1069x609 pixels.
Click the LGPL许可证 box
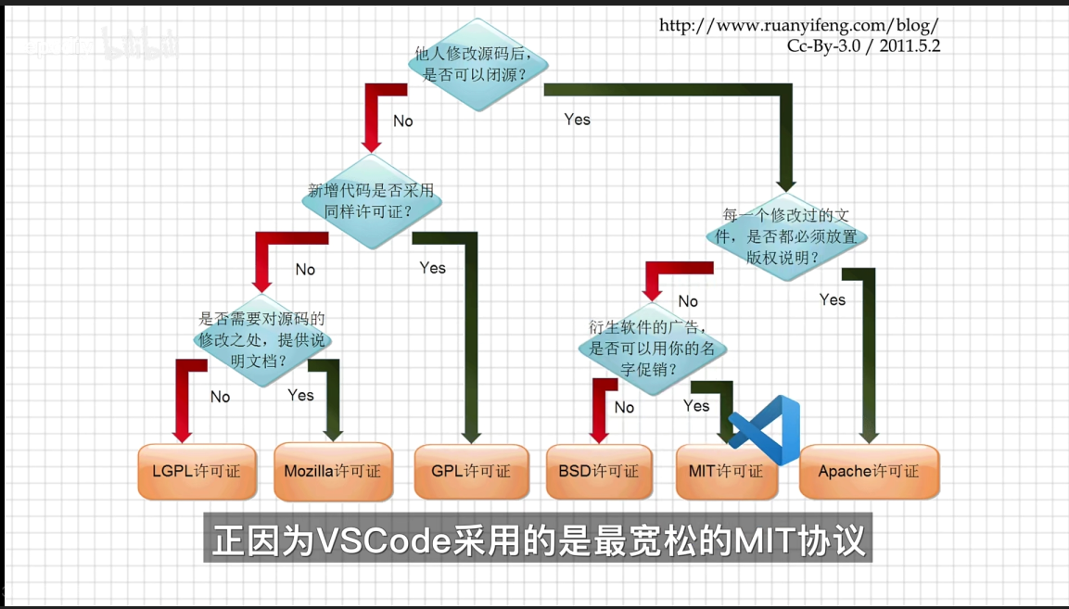pos(196,471)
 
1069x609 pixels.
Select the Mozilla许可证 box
pos(333,471)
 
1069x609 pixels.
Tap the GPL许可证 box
pos(471,471)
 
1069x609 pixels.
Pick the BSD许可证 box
pos(598,471)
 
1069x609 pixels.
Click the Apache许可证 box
pos(869,472)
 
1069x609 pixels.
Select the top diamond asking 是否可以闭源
pos(478,64)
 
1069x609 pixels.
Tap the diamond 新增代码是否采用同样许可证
pos(370,201)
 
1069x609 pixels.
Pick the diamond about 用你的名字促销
pos(652,349)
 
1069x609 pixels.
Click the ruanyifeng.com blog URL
pos(798,25)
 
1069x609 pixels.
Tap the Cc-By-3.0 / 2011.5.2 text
pos(863,44)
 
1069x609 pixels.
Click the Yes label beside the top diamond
pos(577,120)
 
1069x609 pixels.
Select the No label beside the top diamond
pos(402,121)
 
